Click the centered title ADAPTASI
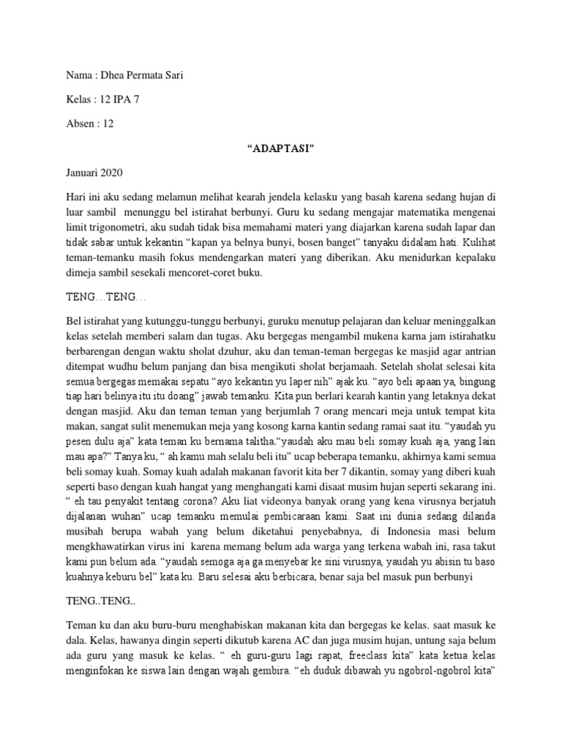coord(280,149)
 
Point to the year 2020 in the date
coord(111,174)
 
